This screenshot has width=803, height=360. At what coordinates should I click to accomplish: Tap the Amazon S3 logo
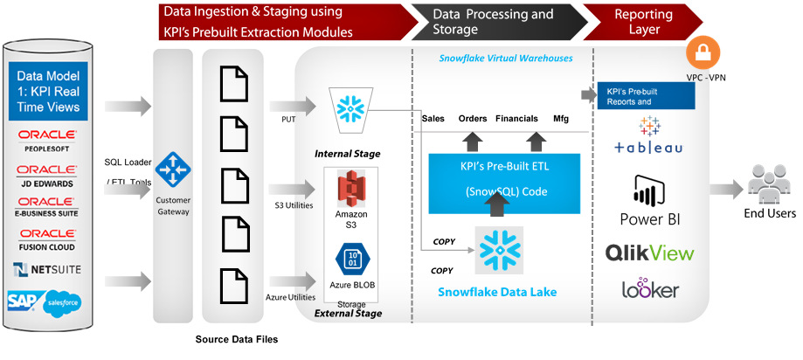point(349,190)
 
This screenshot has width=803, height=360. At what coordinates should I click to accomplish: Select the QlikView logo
point(649,253)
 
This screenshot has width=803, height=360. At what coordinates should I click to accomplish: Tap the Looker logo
point(650,289)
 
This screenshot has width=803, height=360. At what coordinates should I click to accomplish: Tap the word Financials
point(516,118)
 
